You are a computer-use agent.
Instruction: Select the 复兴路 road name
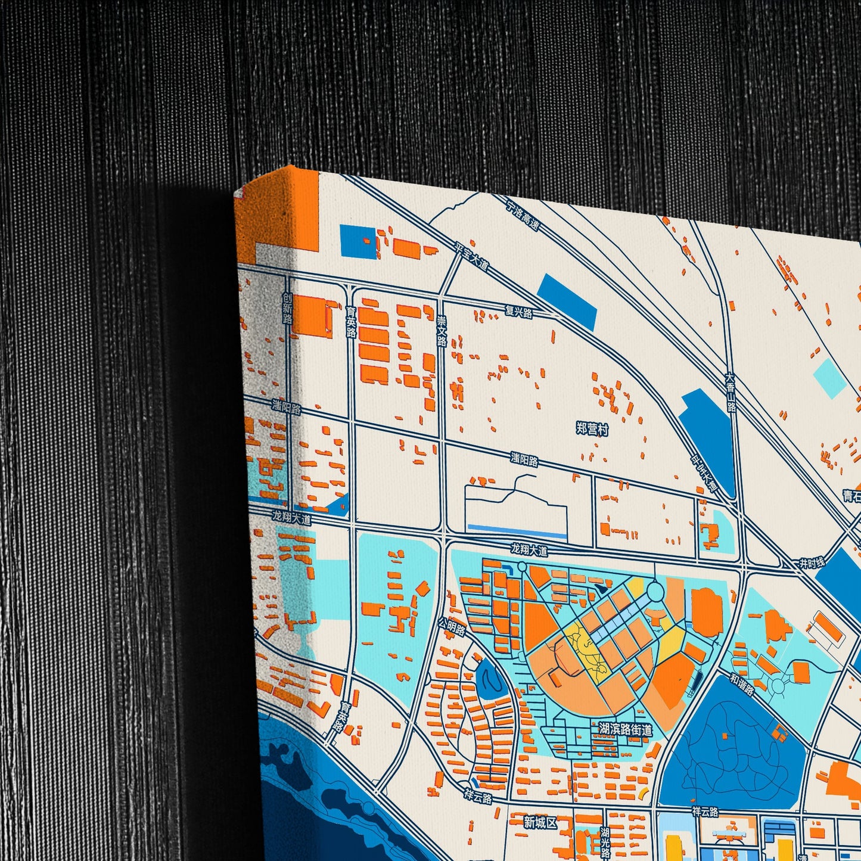tap(518, 312)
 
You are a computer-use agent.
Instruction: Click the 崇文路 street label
tap(442, 331)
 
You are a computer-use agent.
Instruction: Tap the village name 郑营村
tap(592, 428)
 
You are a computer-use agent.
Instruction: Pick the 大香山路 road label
tap(731, 392)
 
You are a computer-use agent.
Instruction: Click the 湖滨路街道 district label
tap(625, 729)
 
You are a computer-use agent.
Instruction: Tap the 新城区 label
tap(540, 823)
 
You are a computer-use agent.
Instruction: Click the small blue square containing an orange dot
tap(359, 241)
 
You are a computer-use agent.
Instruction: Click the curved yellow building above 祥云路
tap(642, 793)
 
